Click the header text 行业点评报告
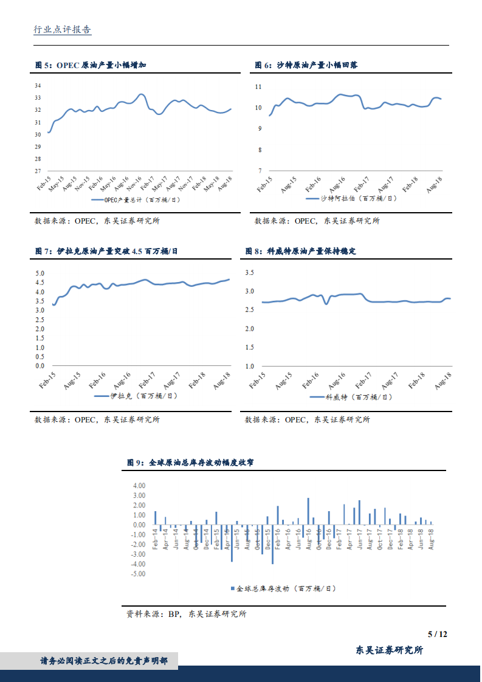coord(62,29)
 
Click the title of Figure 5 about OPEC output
coord(91,65)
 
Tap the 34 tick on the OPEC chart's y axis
coord(38,85)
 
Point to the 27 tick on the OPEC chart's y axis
coord(38,171)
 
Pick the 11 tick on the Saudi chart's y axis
coord(258,87)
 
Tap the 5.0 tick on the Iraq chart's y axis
coord(40,274)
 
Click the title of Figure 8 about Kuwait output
coord(300,251)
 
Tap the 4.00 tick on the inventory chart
coord(139,486)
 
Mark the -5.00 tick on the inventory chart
coord(139,574)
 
